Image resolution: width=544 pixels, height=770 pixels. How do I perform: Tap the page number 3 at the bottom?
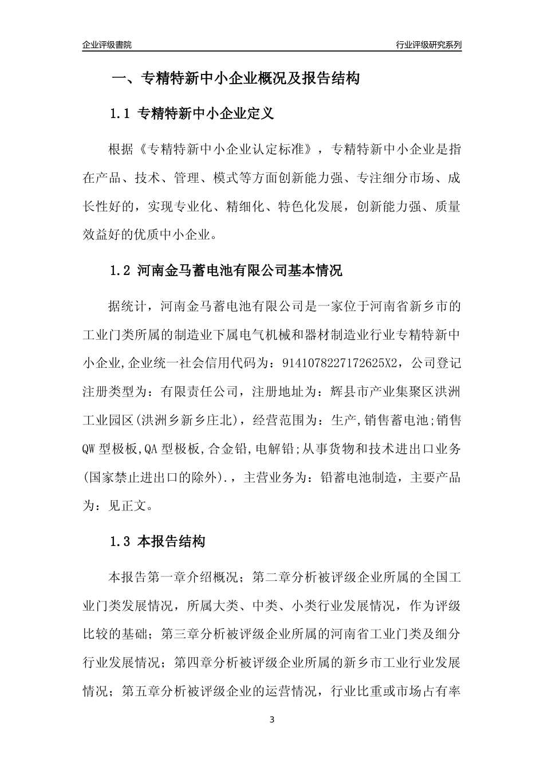(x=272, y=720)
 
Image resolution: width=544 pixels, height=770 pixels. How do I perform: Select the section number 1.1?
(x=121, y=113)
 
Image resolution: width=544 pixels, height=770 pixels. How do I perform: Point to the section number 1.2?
(x=121, y=270)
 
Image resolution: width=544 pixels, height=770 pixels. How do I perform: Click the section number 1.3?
(x=121, y=541)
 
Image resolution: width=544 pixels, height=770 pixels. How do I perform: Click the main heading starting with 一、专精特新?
(x=235, y=78)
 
